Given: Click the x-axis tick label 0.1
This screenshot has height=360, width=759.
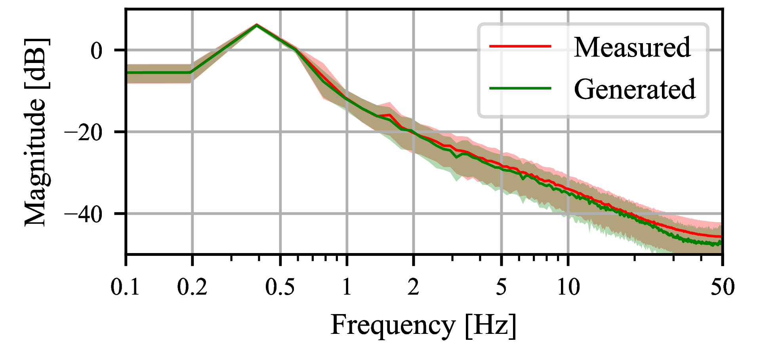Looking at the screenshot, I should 125,287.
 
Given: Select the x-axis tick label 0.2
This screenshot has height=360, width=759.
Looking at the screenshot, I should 192,287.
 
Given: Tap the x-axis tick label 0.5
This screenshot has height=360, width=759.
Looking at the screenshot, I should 280,287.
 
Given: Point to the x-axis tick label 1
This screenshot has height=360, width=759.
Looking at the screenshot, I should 347,287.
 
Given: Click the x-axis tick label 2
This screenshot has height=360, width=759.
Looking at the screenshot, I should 414,287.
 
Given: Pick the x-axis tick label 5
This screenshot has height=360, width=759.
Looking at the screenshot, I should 502,287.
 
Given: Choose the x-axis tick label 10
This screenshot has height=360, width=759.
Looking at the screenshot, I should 568,287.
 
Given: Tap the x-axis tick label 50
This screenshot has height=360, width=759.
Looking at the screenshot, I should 722,287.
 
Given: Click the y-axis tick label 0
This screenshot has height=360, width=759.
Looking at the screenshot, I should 97,51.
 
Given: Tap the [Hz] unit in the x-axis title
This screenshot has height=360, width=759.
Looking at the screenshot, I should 491,326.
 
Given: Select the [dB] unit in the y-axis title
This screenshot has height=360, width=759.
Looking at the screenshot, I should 36,63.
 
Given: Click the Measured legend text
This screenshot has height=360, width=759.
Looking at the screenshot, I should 632,47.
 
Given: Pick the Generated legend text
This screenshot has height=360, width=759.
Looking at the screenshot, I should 635,89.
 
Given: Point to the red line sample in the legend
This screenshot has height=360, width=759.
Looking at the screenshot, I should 520,46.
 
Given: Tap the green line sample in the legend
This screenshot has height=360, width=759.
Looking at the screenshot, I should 520,88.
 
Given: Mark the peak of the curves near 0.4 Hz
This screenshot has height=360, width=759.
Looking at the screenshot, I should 257,25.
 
